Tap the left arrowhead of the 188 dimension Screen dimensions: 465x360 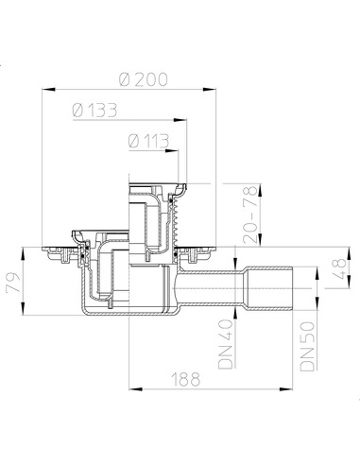coord(129,387)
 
